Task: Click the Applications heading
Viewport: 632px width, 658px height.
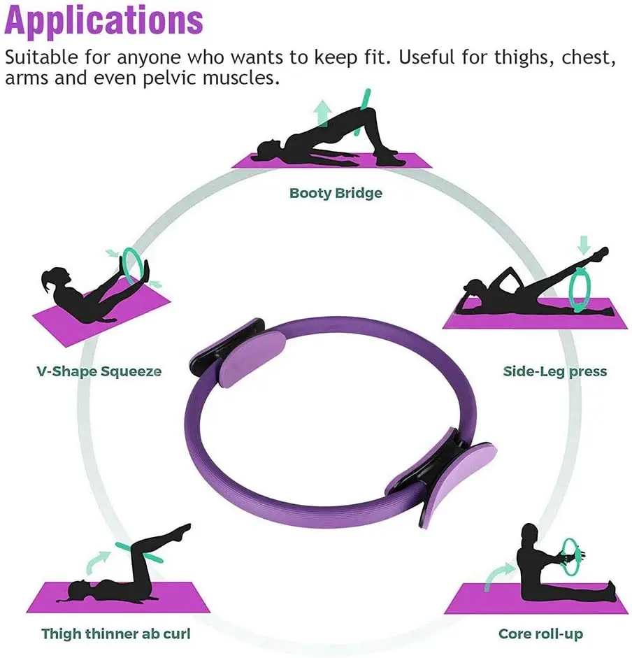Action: click(x=104, y=20)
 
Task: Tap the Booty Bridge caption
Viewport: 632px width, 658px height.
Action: click(x=336, y=192)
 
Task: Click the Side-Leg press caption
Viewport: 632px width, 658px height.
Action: click(x=555, y=371)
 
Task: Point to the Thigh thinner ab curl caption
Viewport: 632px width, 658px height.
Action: click(x=115, y=634)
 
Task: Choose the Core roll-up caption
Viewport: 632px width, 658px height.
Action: click(x=540, y=634)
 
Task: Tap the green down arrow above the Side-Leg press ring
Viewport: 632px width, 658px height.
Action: click(x=584, y=245)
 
